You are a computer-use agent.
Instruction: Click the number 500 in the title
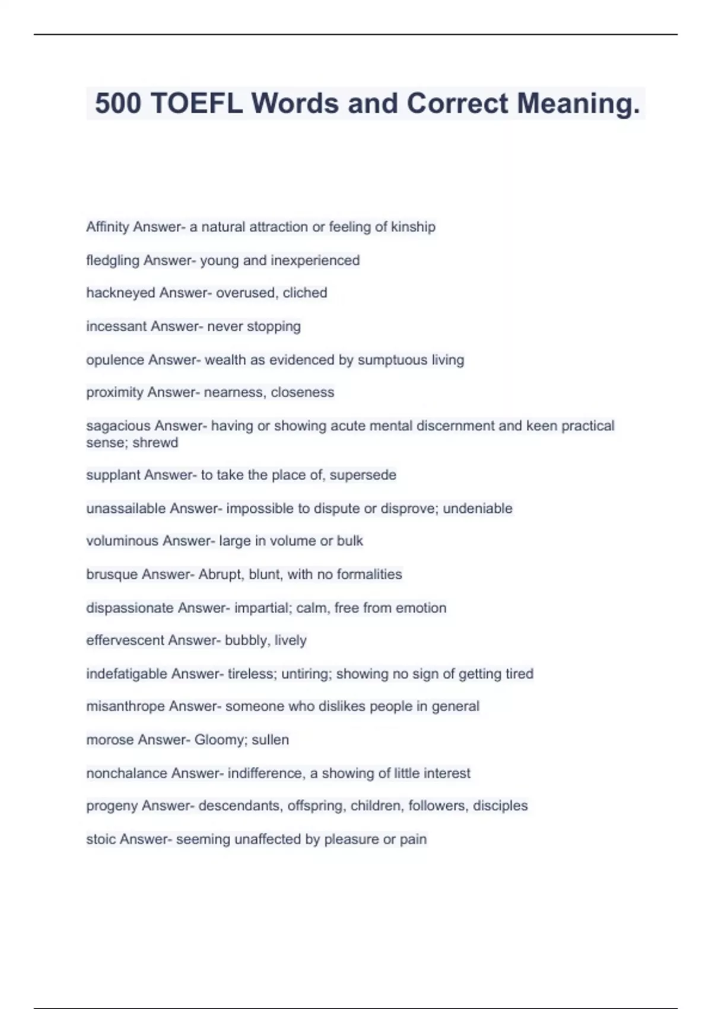(118, 104)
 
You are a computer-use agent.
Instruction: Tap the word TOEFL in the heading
(196, 104)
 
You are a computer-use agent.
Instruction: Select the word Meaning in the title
(578, 104)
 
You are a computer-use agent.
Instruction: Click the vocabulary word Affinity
(107, 227)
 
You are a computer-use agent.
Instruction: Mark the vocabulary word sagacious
(118, 426)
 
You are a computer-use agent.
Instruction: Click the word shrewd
(155, 442)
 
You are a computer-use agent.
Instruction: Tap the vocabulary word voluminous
(122, 541)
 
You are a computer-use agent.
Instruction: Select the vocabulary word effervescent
(125, 640)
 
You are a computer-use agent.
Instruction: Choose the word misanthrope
(125, 706)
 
